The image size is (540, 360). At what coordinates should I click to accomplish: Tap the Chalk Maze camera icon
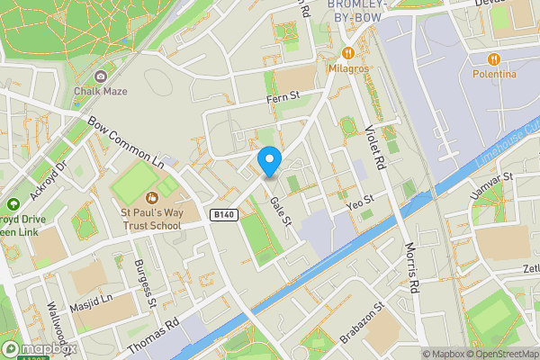(100, 76)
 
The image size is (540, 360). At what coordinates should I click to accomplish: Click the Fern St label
(282, 95)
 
